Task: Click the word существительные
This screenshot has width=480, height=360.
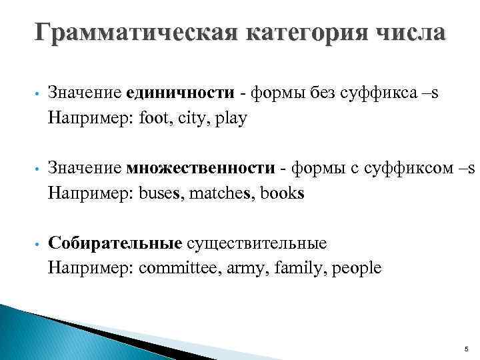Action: tap(257, 243)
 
